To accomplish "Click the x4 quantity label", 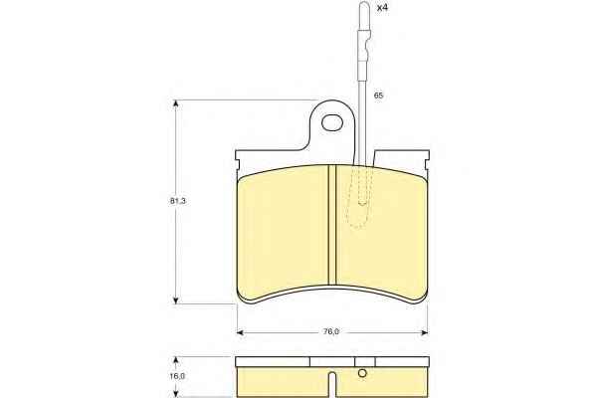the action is pyautogui.click(x=382, y=8).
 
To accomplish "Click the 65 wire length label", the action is pyautogui.click(x=378, y=96).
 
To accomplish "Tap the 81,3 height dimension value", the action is pyautogui.click(x=178, y=201).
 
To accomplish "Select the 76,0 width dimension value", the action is pyautogui.click(x=331, y=331).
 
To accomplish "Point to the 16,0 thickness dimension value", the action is pyautogui.click(x=178, y=376).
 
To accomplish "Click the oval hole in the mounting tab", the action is pyautogui.click(x=332, y=123).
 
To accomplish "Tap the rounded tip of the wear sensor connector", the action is pyautogui.click(x=365, y=5).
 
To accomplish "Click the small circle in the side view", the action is pyautogui.click(x=362, y=374).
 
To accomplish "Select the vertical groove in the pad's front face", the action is pyautogui.click(x=332, y=225).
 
